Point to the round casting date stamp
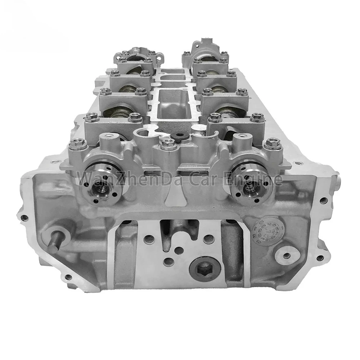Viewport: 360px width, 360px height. click(264, 232)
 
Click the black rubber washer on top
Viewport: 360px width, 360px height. click(177, 136)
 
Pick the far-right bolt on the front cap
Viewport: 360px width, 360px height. click(272, 144)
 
